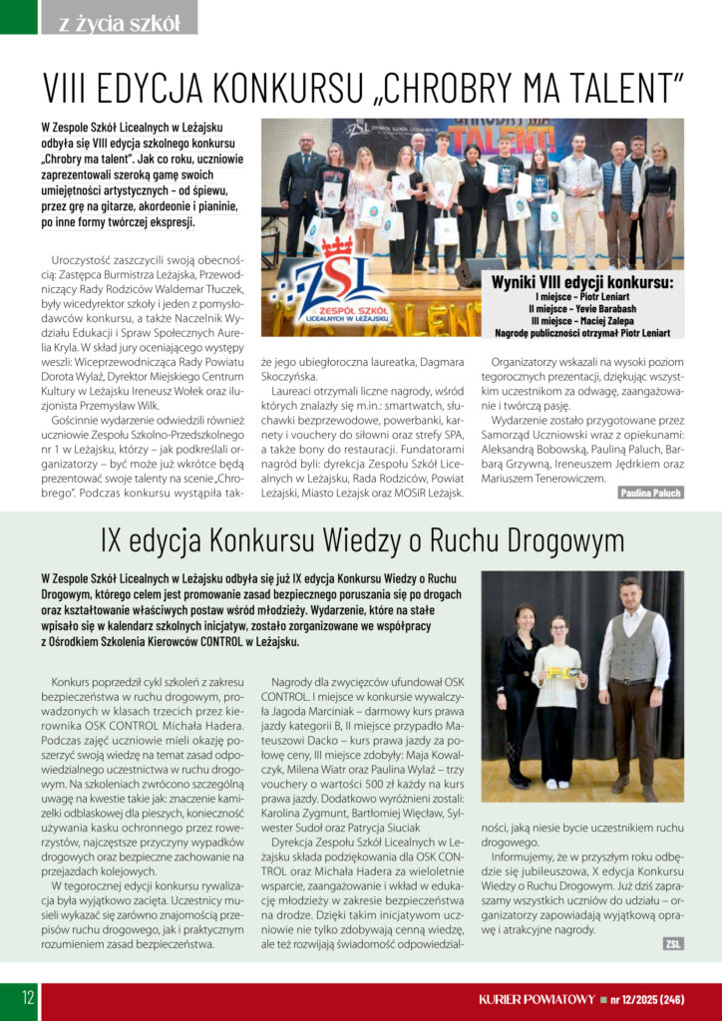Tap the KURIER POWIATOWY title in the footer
point(537,998)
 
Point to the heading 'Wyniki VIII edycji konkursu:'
point(582,283)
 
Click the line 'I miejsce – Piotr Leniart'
point(582,297)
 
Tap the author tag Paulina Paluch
point(650,493)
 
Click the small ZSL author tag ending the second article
point(672,943)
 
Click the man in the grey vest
point(632,678)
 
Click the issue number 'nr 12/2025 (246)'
point(646,998)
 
